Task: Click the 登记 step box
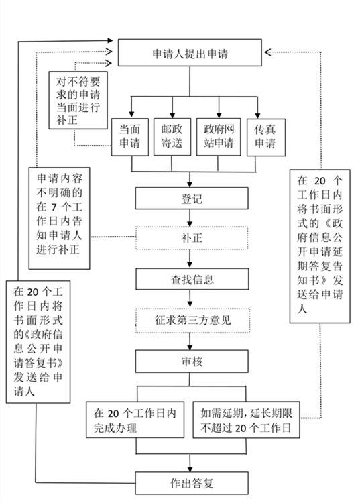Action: pyautogui.click(x=192, y=199)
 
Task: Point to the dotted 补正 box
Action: pyautogui.click(x=192, y=237)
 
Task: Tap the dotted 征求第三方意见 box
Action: pyautogui.click(x=192, y=319)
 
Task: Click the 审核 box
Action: pyautogui.click(x=192, y=361)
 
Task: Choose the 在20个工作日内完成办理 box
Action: pyautogui.click(x=137, y=419)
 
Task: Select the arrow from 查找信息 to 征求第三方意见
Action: pyautogui.click(x=192, y=298)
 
